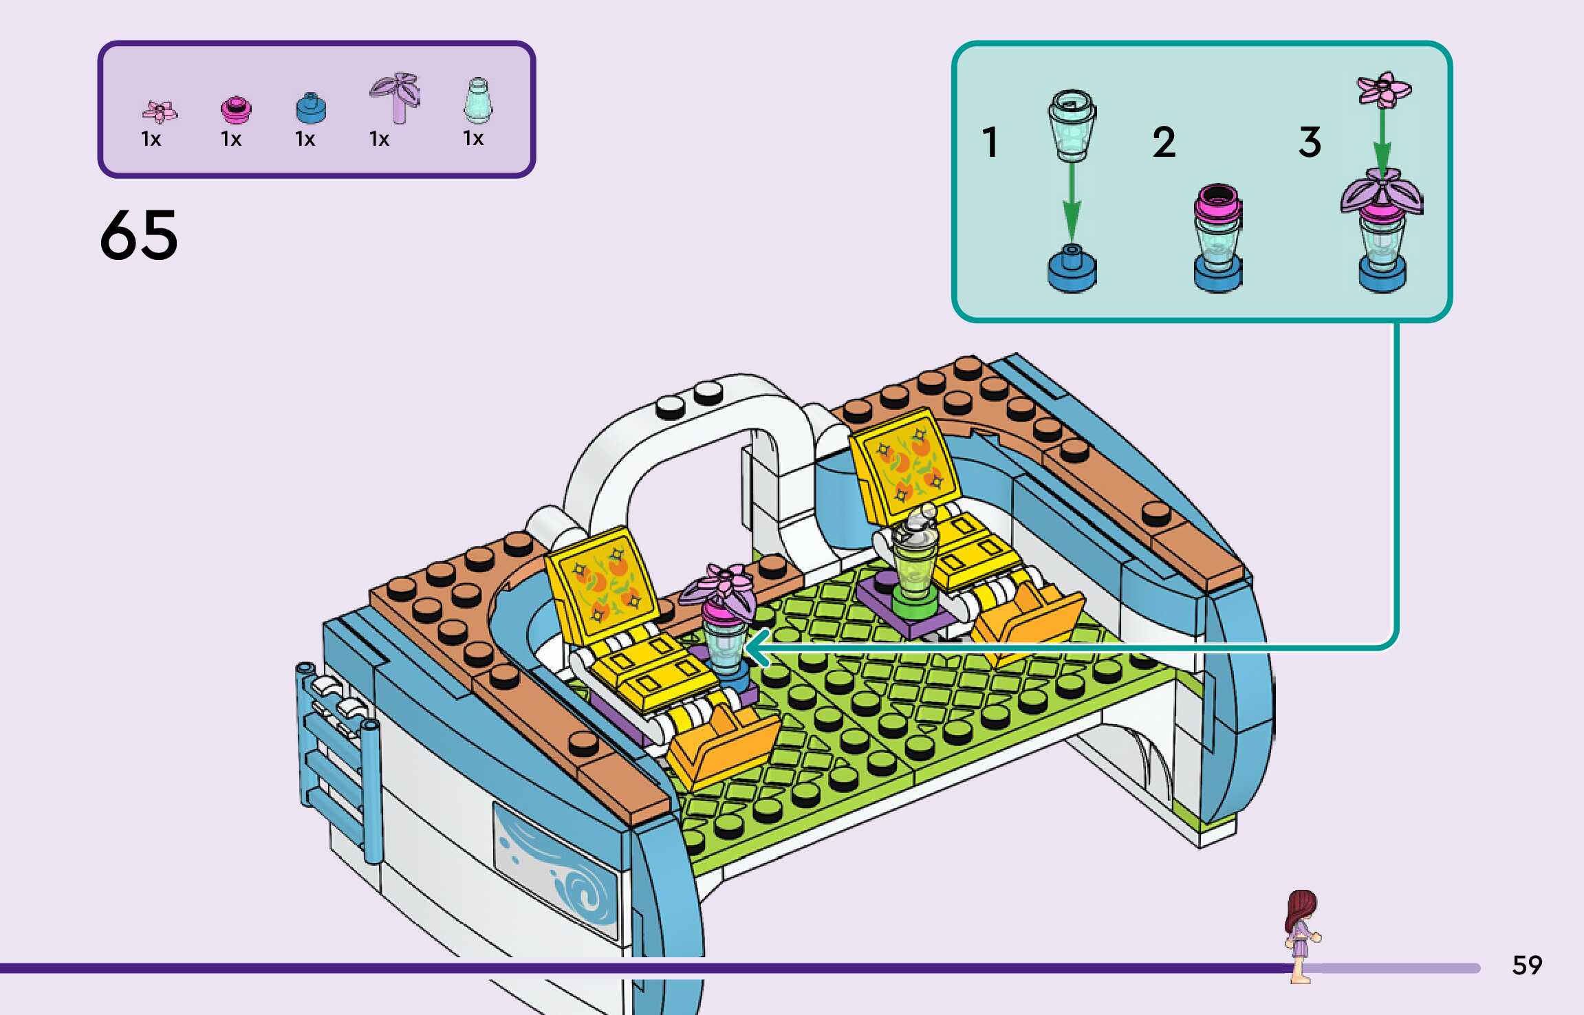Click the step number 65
click(x=139, y=235)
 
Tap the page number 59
click(x=1526, y=965)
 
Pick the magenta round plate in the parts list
click(x=236, y=109)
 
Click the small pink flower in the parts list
click(x=160, y=111)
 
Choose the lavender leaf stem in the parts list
click(x=396, y=97)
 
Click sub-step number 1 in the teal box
click(x=990, y=142)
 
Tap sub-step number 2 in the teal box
click(x=1164, y=142)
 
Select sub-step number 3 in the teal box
click(x=1310, y=142)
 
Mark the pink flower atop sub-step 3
click(x=1383, y=89)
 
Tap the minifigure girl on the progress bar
click(x=1301, y=935)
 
